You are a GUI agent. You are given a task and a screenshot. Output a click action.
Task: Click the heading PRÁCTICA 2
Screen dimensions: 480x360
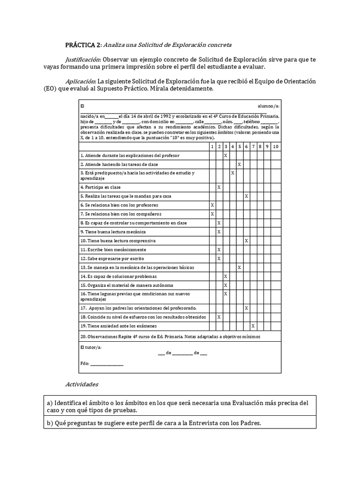point(82,45)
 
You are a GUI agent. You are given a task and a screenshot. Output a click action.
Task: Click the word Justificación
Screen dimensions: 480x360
point(82,60)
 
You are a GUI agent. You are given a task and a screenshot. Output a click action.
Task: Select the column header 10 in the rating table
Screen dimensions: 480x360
point(276,147)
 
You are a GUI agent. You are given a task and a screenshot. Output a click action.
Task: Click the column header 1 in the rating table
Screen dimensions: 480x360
point(212,147)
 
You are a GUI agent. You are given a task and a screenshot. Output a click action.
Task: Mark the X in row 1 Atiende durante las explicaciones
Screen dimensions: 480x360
point(226,155)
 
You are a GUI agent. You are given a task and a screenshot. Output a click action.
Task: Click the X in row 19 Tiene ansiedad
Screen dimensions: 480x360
point(253,326)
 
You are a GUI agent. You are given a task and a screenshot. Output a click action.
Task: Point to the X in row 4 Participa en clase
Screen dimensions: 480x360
point(219,187)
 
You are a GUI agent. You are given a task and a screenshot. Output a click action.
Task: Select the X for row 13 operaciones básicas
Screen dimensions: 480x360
point(240,267)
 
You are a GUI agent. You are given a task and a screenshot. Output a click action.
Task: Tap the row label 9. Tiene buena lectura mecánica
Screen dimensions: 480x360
point(113,232)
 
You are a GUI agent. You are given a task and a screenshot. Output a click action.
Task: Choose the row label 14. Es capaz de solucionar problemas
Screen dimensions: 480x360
point(116,276)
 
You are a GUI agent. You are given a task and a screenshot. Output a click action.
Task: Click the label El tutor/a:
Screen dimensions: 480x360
point(91,347)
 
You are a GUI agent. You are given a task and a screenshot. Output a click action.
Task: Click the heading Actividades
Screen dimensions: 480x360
point(82,384)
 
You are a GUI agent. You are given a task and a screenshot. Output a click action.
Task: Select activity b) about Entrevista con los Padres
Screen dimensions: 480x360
point(157,423)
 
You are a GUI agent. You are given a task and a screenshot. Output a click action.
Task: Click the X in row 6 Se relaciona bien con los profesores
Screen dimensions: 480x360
point(212,205)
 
